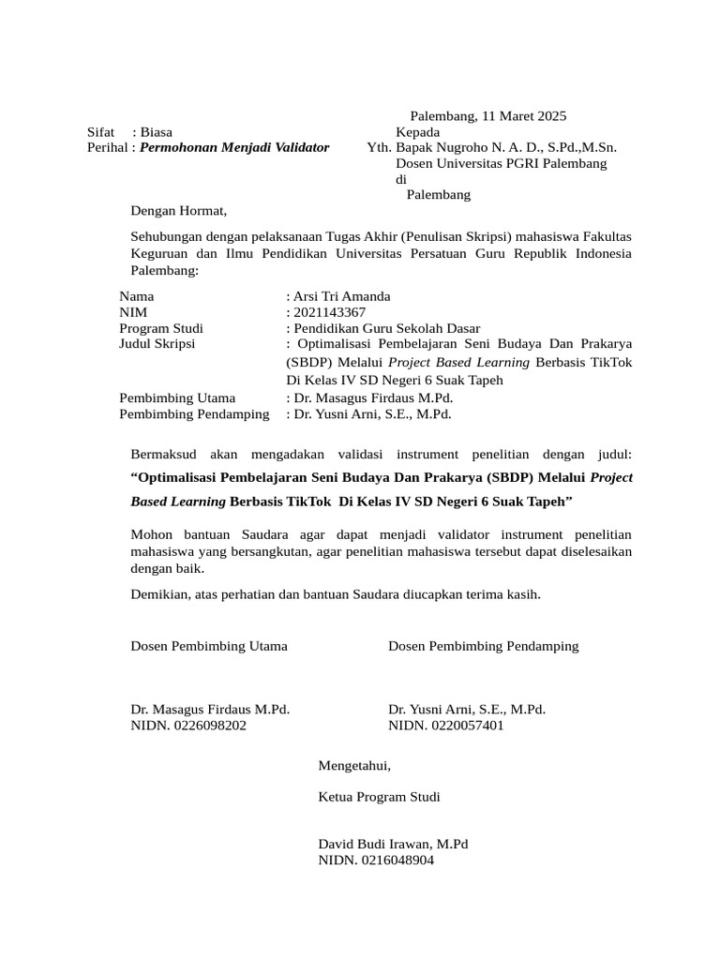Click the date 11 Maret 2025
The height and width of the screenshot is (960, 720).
tap(524, 117)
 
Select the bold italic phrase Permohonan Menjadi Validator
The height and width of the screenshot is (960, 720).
tap(234, 148)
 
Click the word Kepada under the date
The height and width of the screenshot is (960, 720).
tap(418, 132)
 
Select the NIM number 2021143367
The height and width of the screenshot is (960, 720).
tap(329, 312)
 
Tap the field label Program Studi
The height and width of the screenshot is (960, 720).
tap(161, 328)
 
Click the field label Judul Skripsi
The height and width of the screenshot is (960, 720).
tap(157, 344)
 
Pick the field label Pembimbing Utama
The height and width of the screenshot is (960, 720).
tap(177, 397)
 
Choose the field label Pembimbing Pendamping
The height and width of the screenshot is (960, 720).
tap(194, 413)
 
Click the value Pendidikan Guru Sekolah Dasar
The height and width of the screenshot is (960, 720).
tap(387, 328)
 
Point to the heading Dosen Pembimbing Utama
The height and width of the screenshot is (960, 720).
tap(209, 646)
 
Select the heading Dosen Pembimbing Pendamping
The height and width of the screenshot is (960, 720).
tap(483, 646)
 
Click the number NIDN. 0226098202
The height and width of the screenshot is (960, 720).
tap(188, 726)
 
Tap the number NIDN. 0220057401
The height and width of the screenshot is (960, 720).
tap(446, 726)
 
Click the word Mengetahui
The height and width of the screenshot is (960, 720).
tap(354, 766)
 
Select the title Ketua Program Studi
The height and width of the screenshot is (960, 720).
tap(379, 797)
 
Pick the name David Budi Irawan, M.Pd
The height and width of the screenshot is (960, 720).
tap(393, 844)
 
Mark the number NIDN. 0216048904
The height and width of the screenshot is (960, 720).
tap(377, 860)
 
